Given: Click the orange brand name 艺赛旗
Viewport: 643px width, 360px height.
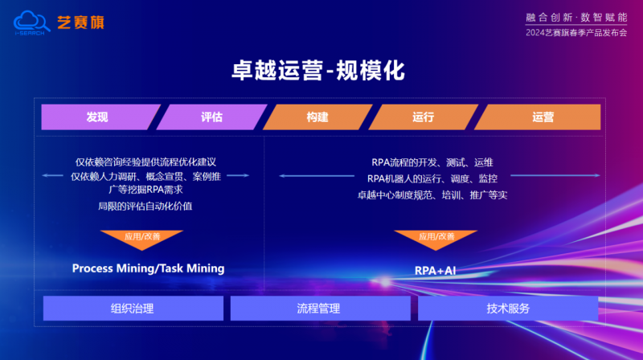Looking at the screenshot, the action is point(81,22).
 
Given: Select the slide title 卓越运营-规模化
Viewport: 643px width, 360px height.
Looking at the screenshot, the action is point(318,71).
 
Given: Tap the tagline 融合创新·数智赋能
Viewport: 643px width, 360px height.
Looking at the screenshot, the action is point(576,17).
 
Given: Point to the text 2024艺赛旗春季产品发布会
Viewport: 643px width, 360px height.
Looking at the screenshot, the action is point(576,33).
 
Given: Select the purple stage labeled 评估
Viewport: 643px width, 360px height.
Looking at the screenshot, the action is point(211,117).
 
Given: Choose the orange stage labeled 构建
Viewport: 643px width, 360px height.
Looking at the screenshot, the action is point(317,117).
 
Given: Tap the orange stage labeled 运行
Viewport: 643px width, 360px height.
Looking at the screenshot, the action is point(424,117).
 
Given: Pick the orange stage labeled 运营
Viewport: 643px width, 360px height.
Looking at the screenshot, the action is point(538,117).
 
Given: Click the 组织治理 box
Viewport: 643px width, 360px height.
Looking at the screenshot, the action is point(133,309).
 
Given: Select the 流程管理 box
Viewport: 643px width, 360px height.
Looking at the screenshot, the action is point(320,309).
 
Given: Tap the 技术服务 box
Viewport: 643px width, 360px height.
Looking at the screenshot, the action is point(508,309).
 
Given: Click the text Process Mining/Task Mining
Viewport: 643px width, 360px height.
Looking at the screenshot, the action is point(148,268).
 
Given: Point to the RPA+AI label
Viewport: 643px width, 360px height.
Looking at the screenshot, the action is point(435,271).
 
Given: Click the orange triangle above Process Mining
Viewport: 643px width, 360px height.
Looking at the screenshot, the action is point(141,238).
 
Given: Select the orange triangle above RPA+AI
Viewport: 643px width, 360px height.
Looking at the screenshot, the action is point(436,238).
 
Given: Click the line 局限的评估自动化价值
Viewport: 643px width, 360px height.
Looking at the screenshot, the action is point(145,206).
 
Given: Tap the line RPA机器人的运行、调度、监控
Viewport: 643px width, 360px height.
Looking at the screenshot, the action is point(432,178).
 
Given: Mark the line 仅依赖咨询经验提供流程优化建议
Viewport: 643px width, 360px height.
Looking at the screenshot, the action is point(145,162).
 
